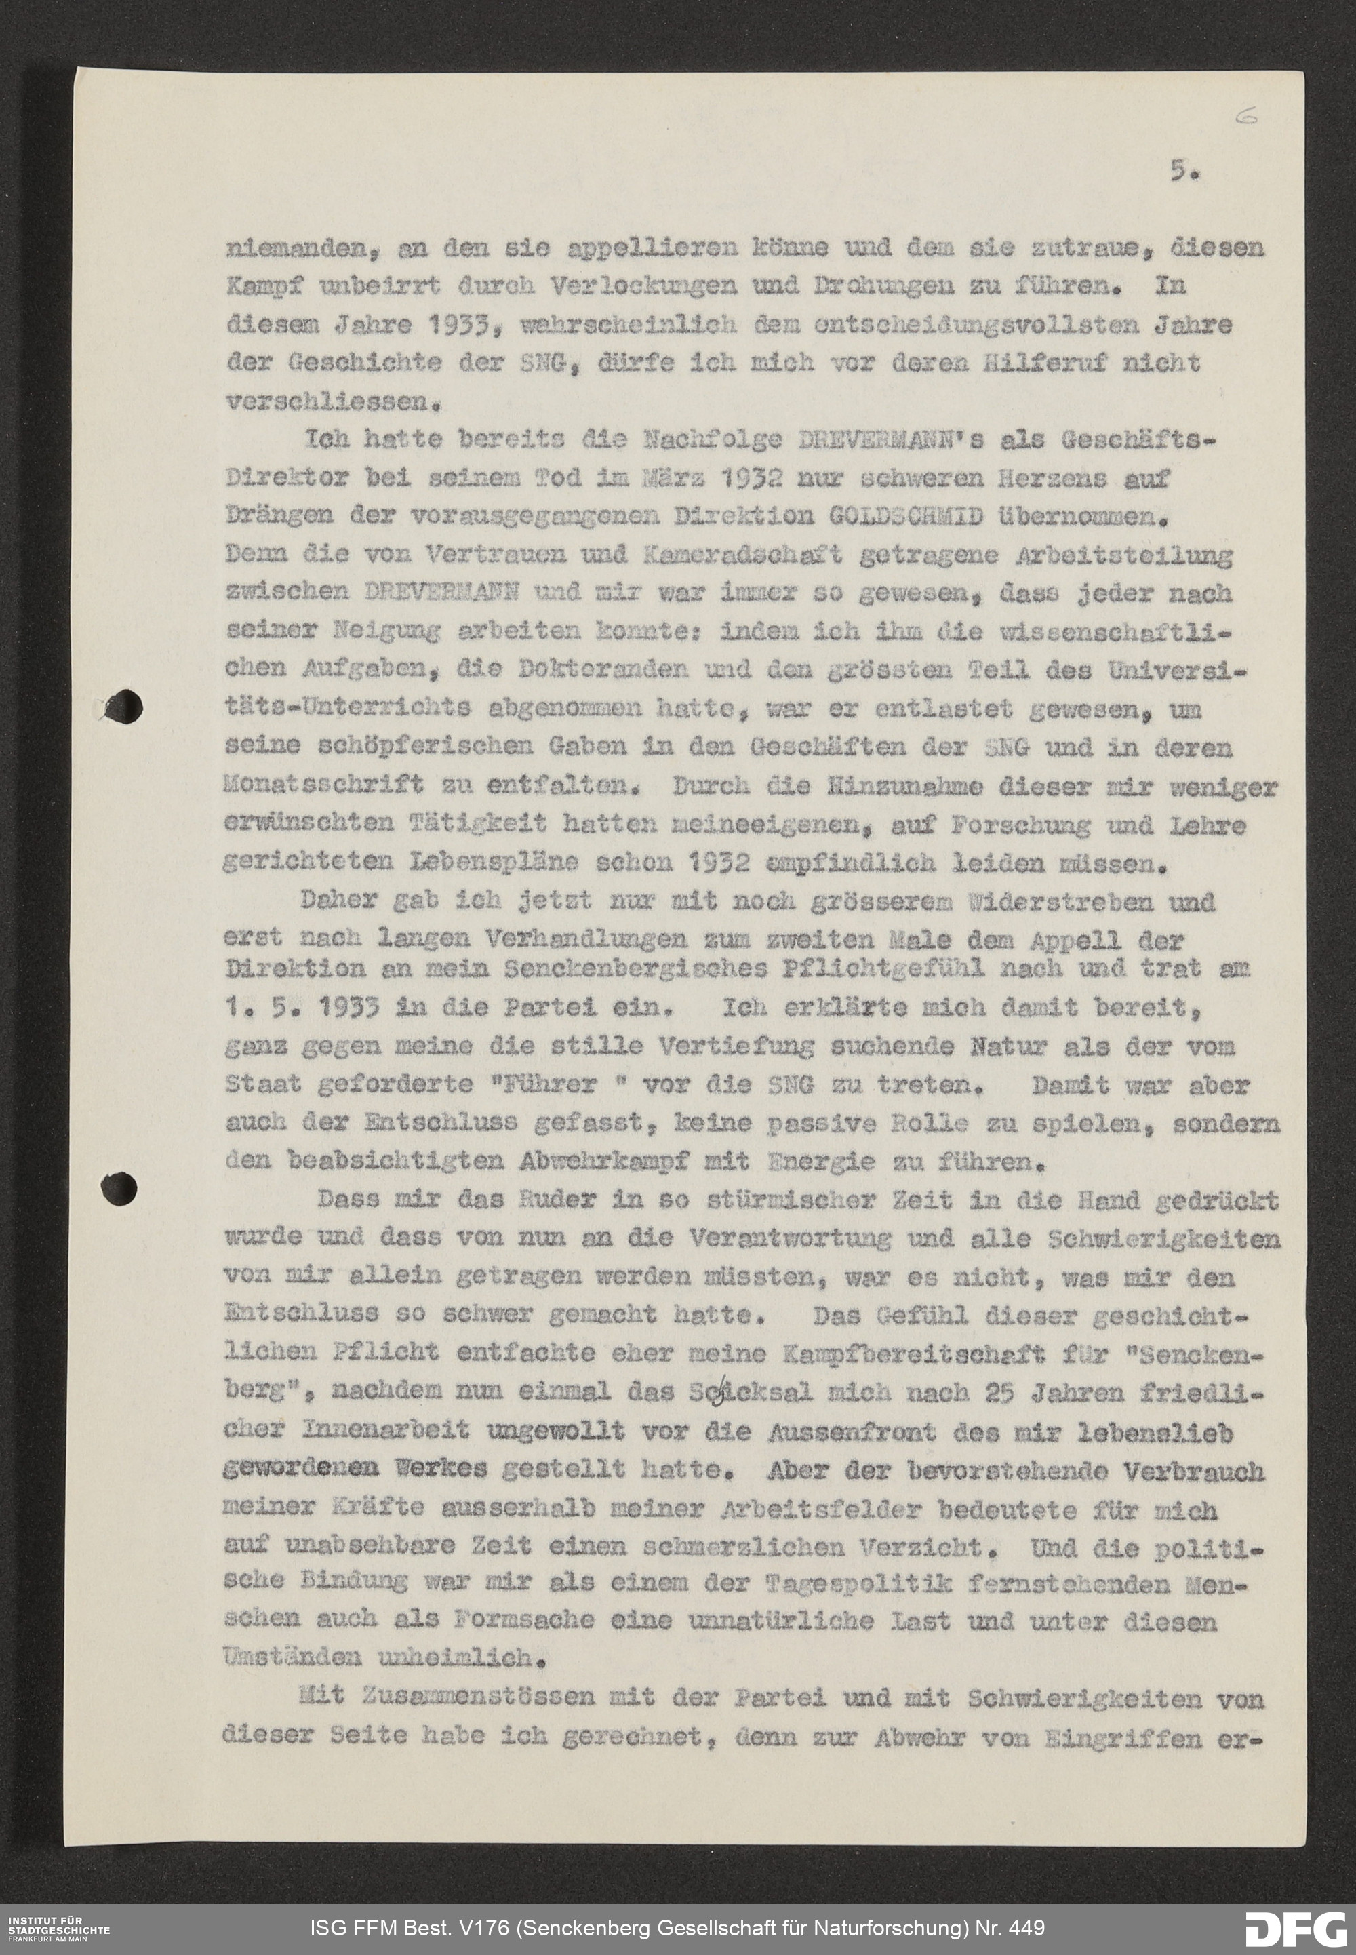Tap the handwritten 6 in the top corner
(1245, 119)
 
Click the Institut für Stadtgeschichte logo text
(58, 1924)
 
